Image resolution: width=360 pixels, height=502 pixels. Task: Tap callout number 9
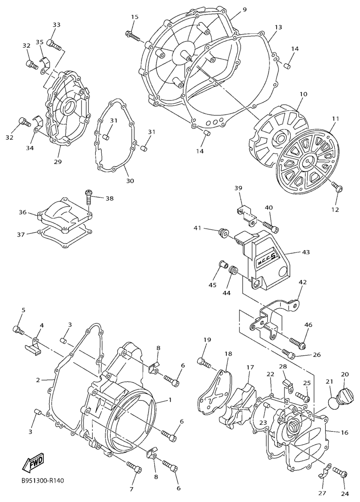point(245,9)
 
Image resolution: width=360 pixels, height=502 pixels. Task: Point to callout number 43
point(306,252)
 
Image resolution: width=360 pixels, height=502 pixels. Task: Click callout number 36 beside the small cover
point(22,213)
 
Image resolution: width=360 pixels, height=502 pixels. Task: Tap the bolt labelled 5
point(19,330)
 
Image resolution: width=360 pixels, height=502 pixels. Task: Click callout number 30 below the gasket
point(130,181)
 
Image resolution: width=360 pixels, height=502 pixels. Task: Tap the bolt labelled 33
point(55,46)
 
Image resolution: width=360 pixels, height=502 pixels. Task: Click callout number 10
point(303,94)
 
